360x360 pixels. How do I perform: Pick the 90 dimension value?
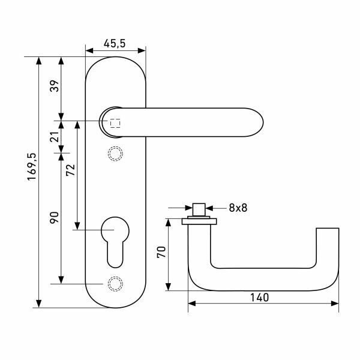point(54,217)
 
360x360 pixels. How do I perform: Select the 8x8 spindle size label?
point(238,208)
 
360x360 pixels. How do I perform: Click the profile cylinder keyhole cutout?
point(115,240)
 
